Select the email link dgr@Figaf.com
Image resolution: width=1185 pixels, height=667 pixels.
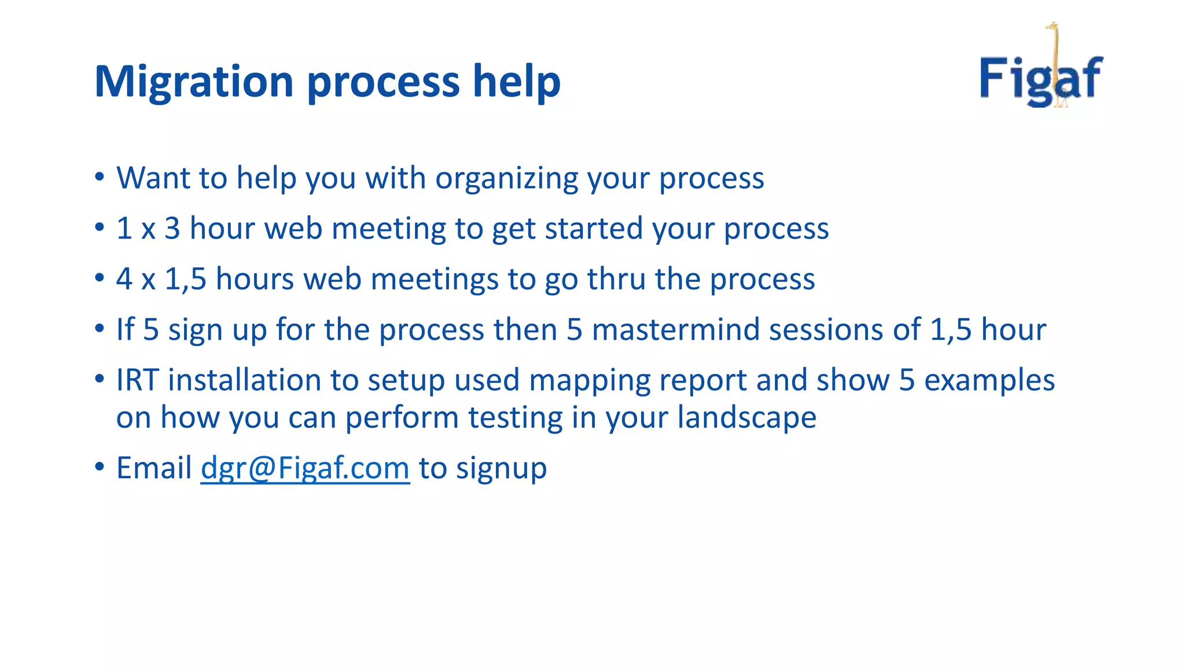coord(305,468)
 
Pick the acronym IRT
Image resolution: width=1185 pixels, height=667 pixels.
coord(137,380)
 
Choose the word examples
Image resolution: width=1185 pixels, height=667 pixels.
coord(989,380)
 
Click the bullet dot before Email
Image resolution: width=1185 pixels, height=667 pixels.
coord(100,466)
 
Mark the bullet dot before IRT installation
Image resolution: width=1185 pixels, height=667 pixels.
coord(100,379)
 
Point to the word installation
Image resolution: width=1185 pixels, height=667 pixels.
coord(244,380)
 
